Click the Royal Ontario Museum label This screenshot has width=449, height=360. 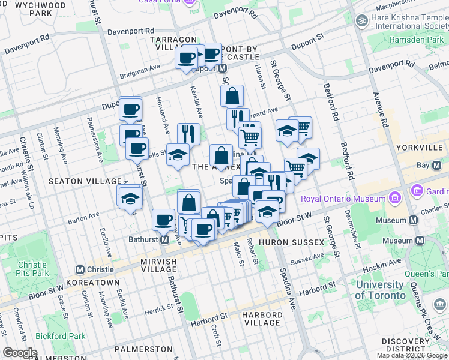click(x=343, y=199)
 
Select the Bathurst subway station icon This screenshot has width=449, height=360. click(x=164, y=240)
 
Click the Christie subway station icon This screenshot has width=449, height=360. click(x=80, y=269)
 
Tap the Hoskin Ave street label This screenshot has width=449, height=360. click(x=385, y=262)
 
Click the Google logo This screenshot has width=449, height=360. click(x=20, y=352)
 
